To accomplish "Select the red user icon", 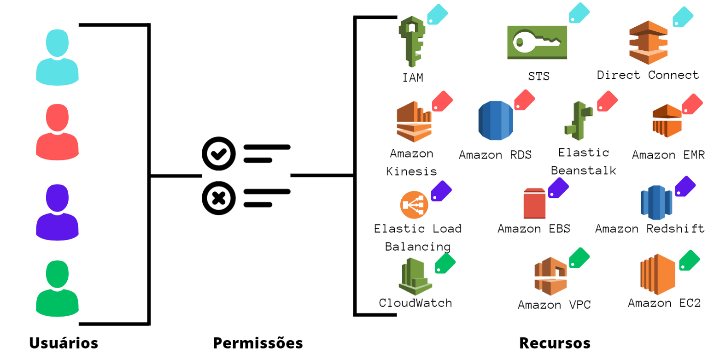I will pos(58,132).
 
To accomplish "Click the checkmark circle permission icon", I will pos(219,153).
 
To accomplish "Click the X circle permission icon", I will pos(219,198).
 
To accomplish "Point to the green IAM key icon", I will pos(411,41).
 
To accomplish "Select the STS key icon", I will pos(537,42).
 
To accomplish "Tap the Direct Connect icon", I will pos(648,42).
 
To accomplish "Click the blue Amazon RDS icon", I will pos(496,120).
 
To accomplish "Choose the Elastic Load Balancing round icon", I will pos(414,205).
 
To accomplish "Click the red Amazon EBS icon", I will pos(534,203).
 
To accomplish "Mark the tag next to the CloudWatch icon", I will pos(445,264).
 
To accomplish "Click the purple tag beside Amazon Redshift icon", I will pos(685,187).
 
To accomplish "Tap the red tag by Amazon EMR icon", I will pos(692,104).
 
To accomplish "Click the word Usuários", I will pos(64,343).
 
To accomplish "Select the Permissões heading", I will pos(258,343).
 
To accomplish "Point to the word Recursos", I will pos(555,343).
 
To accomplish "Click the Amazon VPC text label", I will pos(554,305).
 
